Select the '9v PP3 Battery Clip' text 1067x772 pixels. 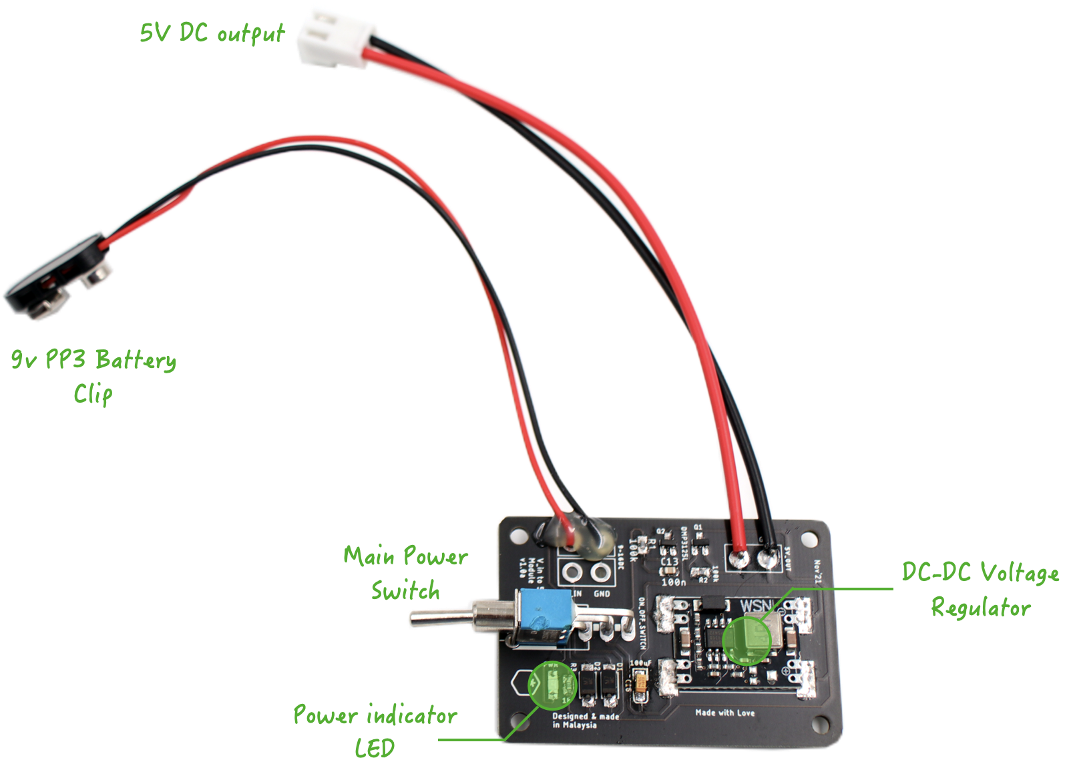(93, 376)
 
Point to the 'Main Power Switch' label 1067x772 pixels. (405, 573)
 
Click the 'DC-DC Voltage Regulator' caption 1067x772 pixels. (980, 590)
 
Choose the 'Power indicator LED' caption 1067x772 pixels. (375, 731)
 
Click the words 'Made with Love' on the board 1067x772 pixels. (724, 713)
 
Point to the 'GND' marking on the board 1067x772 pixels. (602, 593)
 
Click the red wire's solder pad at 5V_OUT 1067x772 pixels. (738, 558)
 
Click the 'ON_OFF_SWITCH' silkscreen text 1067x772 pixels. (642, 624)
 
